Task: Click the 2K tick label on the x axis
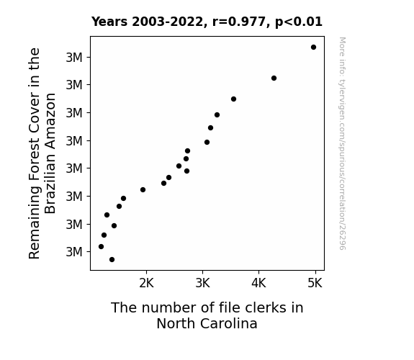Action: coord(146,283)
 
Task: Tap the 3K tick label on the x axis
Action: coord(202,283)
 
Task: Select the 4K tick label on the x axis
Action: coord(258,283)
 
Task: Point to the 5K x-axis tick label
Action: coord(315,283)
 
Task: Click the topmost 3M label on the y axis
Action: coord(74,58)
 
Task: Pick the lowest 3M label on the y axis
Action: coord(74,252)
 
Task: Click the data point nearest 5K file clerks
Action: coord(313,48)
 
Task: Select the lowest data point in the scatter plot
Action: coord(112,260)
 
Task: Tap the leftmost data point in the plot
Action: coord(101,247)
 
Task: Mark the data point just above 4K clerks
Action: coord(274,78)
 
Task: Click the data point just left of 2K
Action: coord(143,189)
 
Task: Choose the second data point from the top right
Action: coord(274,78)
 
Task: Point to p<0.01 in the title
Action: coord(299,22)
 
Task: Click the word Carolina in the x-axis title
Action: coord(229,323)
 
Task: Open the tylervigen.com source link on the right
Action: coord(342,143)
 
